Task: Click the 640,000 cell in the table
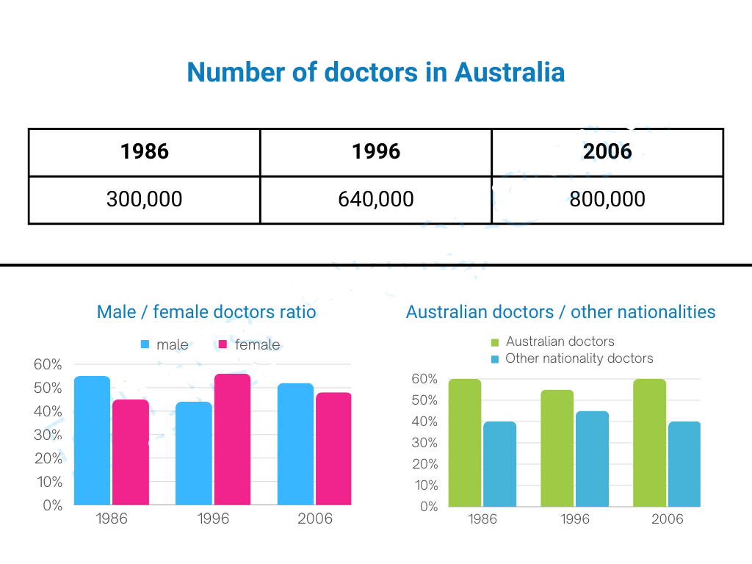pyautogui.click(x=376, y=199)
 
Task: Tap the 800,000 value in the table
pyautogui.click(x=607, y=199)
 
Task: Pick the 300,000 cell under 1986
pyautogui.click(x=145, y=199)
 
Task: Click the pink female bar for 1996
pyautogui.click(x=232, y=439)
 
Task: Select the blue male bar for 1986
pyautogui.click(x=92, y=441)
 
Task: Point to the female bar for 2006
pyautogui.click(x=334, y=449)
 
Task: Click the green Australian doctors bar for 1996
pyautogui.click(x=557, y=449)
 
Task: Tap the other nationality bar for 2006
pyautogui.click(x=684, y=464)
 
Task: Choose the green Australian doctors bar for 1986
pyautogui.click(x=465, y=443)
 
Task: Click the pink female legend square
pyautogui.click(x=223, y=344)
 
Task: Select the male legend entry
pyautogui.click(x=164, y=344)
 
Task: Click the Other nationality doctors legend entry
pyautogui.click(x=572, y=358)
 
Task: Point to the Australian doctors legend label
pyautogui.click(x=560, y=341)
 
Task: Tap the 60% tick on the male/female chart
pyautogui.click(x=48, y=364)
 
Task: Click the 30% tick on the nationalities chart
pyautogui.click(x=424, y=443)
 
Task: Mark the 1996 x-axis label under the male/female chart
pyautogui.click(x=213, y=518)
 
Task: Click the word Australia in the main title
pyautogui.click(x=510, y=73)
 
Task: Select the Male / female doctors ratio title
pyautogui.click(x=206, y=311)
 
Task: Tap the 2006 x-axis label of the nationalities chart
pyautogui.click(x=667, y=519)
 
